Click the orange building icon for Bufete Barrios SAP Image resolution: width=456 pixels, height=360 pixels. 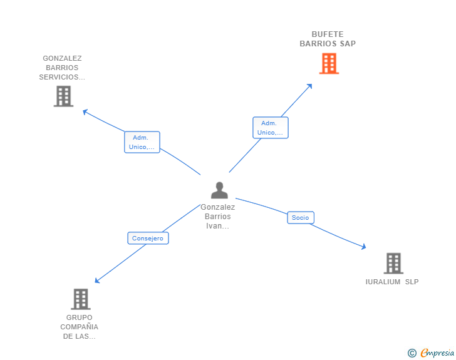pos(329,63)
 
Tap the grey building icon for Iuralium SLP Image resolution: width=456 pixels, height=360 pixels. pos(393,263)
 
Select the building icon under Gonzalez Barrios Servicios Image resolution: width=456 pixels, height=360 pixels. pos(63,96)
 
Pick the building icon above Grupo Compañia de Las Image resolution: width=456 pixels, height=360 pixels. pos(81,299)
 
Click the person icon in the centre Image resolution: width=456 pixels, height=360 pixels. pos(219,190)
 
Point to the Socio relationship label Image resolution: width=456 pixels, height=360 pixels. pos(301,217)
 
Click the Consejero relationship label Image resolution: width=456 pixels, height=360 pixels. pos(148,238)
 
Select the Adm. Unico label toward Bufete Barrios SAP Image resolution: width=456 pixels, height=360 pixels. pos(271,128)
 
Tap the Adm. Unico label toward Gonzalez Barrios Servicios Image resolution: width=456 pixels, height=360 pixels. pos(142,142)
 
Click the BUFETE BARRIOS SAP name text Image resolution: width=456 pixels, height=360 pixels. pos(328,39)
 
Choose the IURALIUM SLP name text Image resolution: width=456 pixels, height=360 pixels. pos(392,282)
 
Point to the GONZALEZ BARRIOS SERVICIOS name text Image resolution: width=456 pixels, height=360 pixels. pos(62,68)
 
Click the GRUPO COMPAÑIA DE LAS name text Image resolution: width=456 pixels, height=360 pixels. pos(80,327)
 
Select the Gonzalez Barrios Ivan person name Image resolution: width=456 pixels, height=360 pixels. pos(218,216)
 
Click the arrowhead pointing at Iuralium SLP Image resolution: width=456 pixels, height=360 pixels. pos(364,247)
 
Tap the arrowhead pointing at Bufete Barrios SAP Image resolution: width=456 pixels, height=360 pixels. pos(309,86)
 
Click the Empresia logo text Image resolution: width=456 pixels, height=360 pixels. pos(437,353)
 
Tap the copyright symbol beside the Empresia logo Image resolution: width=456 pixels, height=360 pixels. pos(412,353)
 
